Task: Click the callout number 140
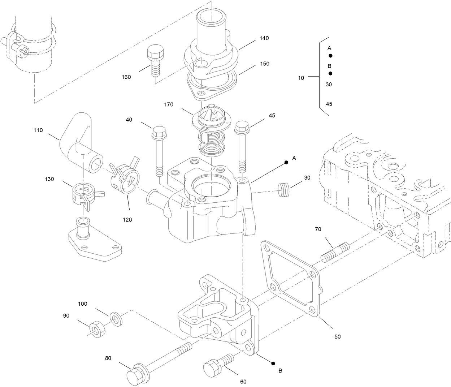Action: tap(264, 38)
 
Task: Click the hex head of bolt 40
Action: tap(159, 133)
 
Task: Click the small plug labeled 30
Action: tap(283, 190)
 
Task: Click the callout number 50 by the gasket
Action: tap(337, 337)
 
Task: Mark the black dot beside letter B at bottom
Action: tap(273, 363)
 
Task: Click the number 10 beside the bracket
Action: tap(301, 78)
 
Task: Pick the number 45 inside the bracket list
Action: tap(329, 104)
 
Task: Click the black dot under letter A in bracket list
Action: tap(330, 56)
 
